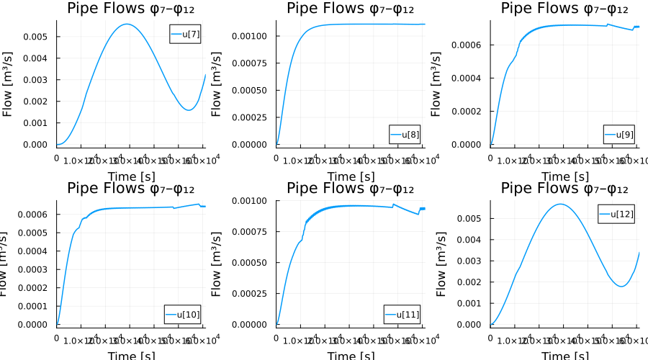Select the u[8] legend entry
tap(404, 134)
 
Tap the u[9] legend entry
tap(618, 134)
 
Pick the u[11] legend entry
tap(402, 314)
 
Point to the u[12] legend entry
tap(616, 214)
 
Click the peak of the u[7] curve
tap(127, 24)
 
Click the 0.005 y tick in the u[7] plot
tap(39, 37)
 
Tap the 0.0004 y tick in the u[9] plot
tap(471, 78)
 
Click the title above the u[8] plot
tap(350, 9)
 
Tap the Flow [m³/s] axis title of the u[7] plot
tap(9, 83)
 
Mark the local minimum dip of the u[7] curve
tap(189, 110)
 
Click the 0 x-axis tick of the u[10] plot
tap(57, 337)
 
